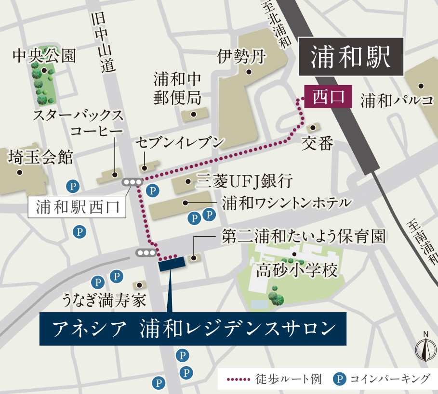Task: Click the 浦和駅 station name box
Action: click(350, 57)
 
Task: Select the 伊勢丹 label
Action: click(241, 57)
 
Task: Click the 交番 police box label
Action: click(317, 143)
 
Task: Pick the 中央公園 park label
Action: click(44, 56)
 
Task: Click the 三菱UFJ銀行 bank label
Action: click(244, 182)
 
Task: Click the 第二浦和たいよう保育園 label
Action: click(304, 237)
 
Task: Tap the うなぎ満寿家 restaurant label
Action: click(104, 301)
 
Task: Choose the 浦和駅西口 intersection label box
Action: click(77, 207)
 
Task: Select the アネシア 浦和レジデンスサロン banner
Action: click(193, 329)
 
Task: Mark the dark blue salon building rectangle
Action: click(171, 264)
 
